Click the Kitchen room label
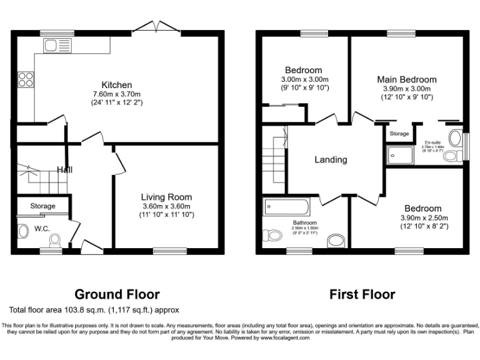pos(117,85)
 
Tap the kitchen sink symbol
pos(59,45)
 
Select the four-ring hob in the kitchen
pos(26,79)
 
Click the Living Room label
pos(166,197)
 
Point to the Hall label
pos(64,169)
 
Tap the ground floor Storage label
pos(42,206)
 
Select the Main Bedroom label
pos(406,79)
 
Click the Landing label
pos(331,159)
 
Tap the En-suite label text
pos(433,142)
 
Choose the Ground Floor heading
pos(117,294)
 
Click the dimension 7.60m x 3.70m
pos(117,94)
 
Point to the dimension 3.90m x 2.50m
pos(422,217)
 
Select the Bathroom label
pos(305,222)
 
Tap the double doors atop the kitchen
pos(154,27)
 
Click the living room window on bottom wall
pos(166,251)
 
